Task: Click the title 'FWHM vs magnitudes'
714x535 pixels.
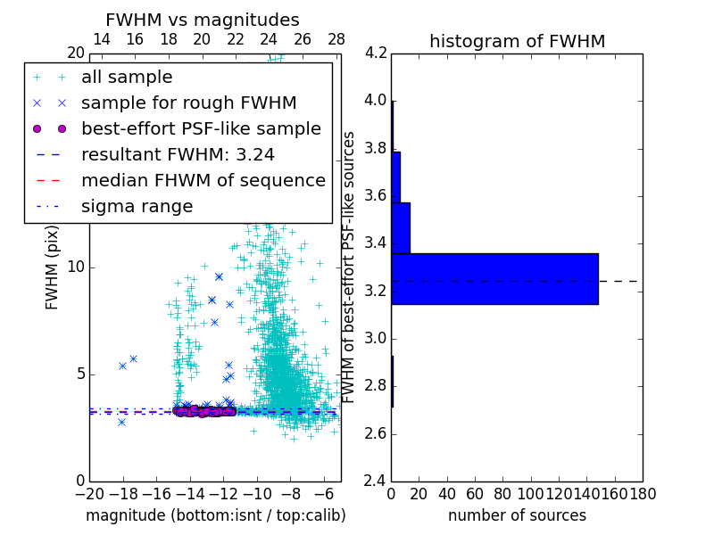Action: pos(203,20)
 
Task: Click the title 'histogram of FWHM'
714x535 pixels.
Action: pos(517,41)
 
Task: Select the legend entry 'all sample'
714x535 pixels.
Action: pos(127,78)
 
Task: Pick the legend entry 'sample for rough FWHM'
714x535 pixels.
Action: pos(188,103)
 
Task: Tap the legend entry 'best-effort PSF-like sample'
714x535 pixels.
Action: pos(201,129)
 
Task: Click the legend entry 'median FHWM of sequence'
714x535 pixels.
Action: pos(203,181)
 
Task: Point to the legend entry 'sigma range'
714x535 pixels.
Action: pos(137,207)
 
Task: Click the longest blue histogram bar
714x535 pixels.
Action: pos(494,279)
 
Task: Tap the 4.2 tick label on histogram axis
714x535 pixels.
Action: pos(375,53)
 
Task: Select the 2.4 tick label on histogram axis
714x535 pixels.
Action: pos(375,481)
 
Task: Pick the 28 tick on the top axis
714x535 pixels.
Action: pos(336,39)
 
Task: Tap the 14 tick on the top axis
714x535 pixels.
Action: pos(102,39)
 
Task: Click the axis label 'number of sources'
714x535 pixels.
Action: pos(517,515)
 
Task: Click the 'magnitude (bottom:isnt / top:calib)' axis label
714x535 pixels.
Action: pos(215,515)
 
